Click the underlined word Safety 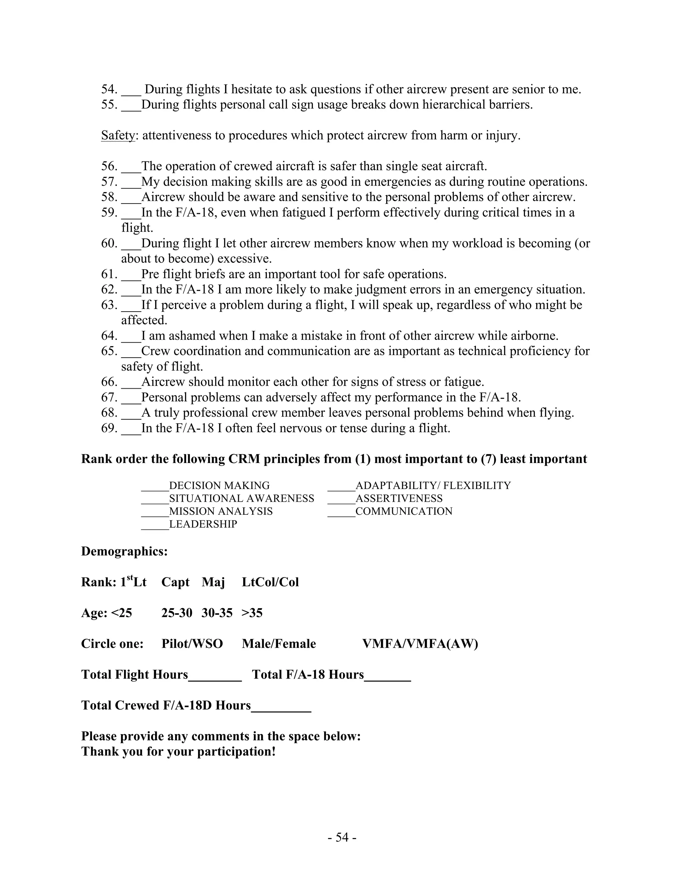click(117, 135)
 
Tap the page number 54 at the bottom click(342, 837)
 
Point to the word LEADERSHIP click(203, 524)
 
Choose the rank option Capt click(175, 582)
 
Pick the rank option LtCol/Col click(270, 582)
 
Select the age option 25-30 click(176, 613)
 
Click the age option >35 click(252, 613)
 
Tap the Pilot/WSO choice click(192, 643)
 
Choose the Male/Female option click(279, 643)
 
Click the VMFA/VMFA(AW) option click(420, 643)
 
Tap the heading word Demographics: click(124, 551)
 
